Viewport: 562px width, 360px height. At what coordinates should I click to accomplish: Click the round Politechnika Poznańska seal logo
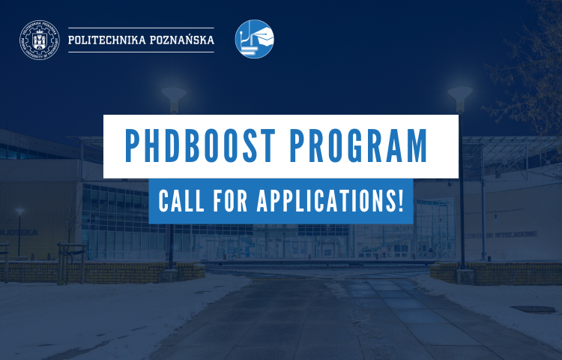[39, 39]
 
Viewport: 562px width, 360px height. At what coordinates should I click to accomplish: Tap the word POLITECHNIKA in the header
[106, 40]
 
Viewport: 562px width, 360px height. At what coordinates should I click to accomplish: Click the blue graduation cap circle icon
[255, 39]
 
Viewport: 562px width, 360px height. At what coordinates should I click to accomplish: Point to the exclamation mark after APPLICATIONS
[401, 202]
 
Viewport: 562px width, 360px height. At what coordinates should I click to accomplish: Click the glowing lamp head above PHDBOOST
[174, 95]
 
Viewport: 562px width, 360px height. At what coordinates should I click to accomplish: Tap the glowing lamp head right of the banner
[460, 94]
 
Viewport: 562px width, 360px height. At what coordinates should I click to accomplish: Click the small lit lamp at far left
[19, 212]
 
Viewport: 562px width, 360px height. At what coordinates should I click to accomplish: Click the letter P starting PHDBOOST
[133, 147]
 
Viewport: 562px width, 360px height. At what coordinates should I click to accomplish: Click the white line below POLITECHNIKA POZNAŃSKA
[141, 52]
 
